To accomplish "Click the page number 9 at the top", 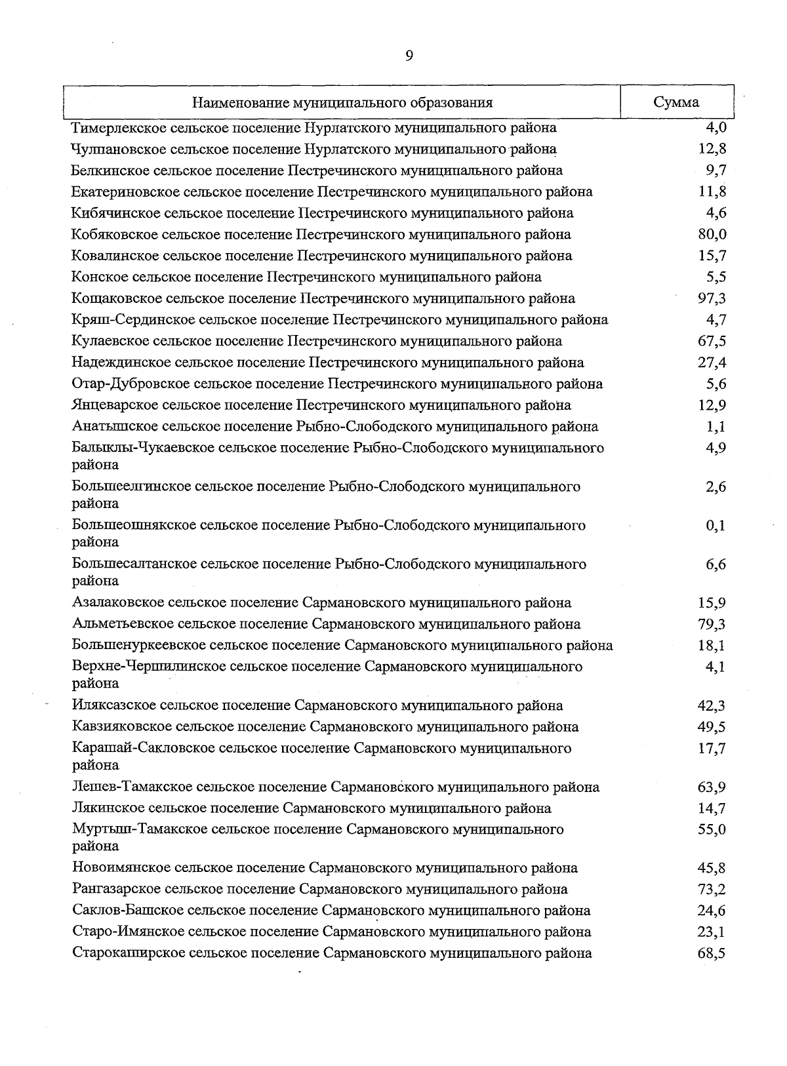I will tap(409, 56).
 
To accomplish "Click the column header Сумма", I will tap(676, 102).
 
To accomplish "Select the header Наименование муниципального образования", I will tap(342, 103).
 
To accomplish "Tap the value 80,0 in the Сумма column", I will tap(712, 235).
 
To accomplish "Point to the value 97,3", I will tap(712, 299).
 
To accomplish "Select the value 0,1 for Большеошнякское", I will tap(716, 526).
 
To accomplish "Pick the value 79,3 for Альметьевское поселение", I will tap(712, 624).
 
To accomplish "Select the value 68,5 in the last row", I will tap(712, 954).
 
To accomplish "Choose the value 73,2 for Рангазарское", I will tap(712, 890).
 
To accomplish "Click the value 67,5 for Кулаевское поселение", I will tap(712, 342).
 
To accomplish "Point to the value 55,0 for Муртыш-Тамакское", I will tap(712, 830).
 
